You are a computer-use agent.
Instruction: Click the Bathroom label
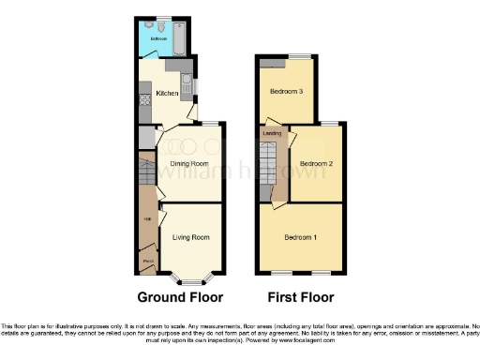click(x=158, y=38)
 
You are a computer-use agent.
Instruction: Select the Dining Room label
click(x=188, y=162)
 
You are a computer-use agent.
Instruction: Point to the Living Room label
click(x=190, y=237)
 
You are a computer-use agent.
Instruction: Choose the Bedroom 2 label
click(x=317, y=163)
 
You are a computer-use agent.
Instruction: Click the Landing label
click(x=273, y=134)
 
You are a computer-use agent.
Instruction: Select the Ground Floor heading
click(x=180, y=298)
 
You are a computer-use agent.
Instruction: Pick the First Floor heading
click(x=302, y=298)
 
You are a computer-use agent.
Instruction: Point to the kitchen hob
click(x=144, y=93)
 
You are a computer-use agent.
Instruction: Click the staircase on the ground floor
click(x=146, y=173)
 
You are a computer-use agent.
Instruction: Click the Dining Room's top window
click(x=212, y=125)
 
